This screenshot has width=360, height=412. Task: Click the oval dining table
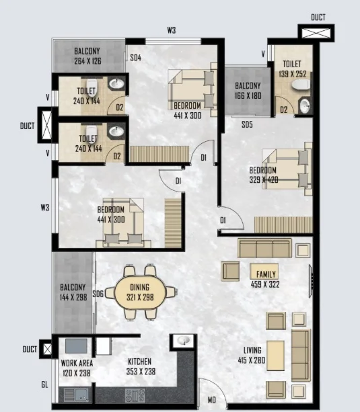click(141, 292)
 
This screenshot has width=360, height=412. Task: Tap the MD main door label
click(212, 400)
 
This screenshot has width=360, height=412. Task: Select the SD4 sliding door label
click(135, 58)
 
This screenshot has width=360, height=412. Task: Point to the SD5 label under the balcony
click(247, 124)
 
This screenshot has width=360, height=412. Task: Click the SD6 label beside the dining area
click(98, 294)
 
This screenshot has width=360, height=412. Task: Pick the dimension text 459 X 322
click(265, 284)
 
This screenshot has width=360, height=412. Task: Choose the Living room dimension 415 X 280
click(252, 360)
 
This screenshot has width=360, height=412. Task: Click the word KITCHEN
click(140, 362)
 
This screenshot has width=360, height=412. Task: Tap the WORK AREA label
click(77, 363)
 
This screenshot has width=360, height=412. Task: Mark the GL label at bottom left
click(44, 384)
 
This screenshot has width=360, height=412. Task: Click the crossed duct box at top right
click(316, 33)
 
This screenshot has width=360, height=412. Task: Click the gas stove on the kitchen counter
click(135, 395)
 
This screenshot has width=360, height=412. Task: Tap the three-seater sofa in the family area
click(264, 248)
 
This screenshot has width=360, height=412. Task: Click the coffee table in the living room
click(275, 356)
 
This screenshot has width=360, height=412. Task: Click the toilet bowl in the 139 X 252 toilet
click(301, 85)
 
